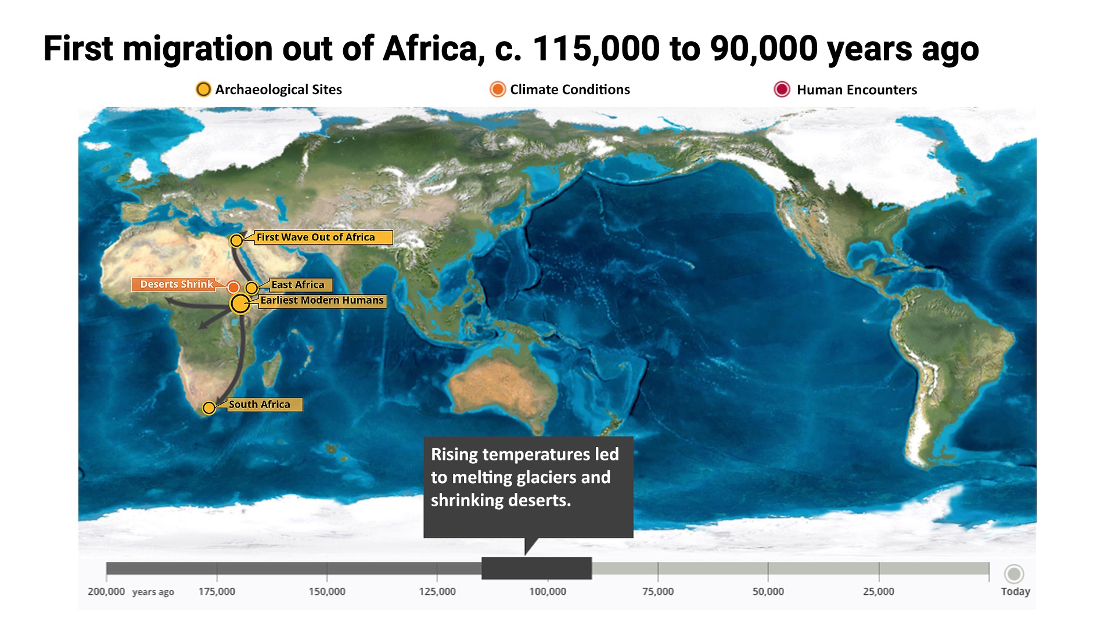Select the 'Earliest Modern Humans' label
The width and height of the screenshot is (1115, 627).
[322, 301]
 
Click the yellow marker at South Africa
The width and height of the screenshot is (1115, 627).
[209, 408]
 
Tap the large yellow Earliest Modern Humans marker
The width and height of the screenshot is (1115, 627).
[240, 304]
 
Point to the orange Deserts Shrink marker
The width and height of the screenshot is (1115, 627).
[233, 287]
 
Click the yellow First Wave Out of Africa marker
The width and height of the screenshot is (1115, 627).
[236, 240]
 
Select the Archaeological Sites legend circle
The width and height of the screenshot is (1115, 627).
[203, 89]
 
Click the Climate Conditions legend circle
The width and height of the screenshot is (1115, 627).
[498, 89]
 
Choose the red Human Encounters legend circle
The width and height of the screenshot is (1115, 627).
[782, 89]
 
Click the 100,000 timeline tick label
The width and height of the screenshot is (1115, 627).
[548, 592]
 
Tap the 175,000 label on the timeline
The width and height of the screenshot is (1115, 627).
[217, 592]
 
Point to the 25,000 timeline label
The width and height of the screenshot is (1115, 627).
[879, 592]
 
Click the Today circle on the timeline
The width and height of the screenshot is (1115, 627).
[1015, 574]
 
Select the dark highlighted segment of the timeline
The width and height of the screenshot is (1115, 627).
[537, 568]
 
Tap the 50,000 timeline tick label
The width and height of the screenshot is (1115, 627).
[768, 592]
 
